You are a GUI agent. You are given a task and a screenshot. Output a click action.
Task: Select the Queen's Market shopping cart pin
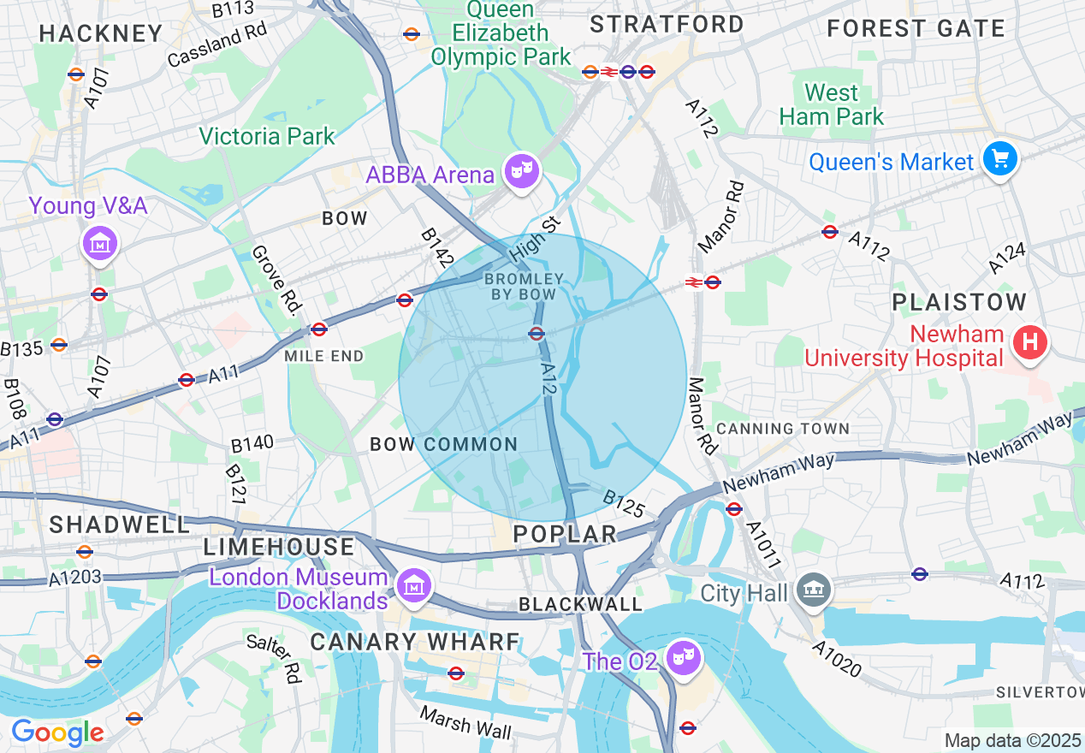pyautogui.click(x=999, y=159)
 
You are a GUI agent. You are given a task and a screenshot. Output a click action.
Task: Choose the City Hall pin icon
pyautogui.click(x=813, y=589)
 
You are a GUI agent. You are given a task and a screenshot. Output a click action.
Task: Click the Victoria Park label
pyautogui.click(x=267, y=136)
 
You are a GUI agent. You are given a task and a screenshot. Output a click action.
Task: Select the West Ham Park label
pyautogui.click(x=832, y=104)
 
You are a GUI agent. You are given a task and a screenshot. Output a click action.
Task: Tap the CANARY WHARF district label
pyautogui.click(x=415, y=642)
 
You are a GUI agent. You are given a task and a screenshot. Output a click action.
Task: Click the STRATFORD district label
pyautogui.click(x=667, y=24)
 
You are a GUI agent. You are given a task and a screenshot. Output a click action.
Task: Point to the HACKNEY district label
pyautogui.click(x=101, y=33)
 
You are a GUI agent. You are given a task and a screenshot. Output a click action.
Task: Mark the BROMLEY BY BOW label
pyautogui.click(x=524, y=287)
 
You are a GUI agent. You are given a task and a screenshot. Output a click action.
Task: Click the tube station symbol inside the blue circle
pyautogui.click(x=537, y=334)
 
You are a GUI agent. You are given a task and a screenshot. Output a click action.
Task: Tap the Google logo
pyautogui.click(x=57, y=732)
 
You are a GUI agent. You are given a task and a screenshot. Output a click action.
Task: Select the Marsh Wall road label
pyautogui.click(x=465, y=723)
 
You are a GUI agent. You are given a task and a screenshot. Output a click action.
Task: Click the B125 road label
pyautogui.click(x=623, y=504)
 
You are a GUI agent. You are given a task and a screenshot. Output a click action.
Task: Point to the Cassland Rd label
pyautogui.click(x=217, y=44)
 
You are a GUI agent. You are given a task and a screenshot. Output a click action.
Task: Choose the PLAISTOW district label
pyautogui.click(x=959, y=302)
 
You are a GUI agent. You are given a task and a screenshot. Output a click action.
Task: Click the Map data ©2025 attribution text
pyautogui.click(x=1013, y=739)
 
